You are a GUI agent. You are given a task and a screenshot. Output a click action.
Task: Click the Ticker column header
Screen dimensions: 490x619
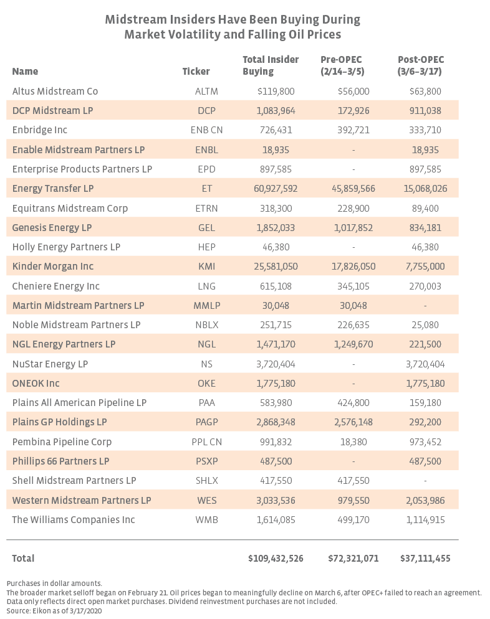tap(196, 72)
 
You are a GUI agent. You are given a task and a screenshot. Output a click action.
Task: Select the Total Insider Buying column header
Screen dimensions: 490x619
tap(271, 65)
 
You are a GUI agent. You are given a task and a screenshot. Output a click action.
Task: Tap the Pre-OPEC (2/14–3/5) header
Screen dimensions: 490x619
tap(342, 65)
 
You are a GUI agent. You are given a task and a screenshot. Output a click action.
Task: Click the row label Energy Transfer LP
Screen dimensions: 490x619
tap(53, 188)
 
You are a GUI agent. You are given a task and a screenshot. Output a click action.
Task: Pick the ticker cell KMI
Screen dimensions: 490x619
tap(207, 267)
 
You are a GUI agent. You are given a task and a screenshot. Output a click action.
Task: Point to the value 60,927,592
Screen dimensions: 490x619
tap(276, 189)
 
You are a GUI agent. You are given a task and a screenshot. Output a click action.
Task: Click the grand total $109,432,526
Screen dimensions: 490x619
tap(276, 558)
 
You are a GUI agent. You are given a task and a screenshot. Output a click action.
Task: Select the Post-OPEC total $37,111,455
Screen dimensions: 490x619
tap(425, 558)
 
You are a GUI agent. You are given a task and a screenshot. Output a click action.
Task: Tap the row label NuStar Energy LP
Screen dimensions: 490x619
tap(50, 364)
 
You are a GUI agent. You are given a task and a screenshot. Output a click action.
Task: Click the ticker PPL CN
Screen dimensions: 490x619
tap(207, 442)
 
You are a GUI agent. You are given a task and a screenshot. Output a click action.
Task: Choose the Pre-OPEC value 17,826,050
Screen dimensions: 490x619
tap(353, 267)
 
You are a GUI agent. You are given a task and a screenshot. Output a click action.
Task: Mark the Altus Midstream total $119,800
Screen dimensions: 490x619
tap(276, 91)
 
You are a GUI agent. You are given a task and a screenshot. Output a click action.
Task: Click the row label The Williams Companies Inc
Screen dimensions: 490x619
tap(74, 519)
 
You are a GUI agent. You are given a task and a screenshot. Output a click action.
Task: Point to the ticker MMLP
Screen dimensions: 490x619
tap(207, 306)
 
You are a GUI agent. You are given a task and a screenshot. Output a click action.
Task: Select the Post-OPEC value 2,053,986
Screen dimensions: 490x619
tap(425, 500)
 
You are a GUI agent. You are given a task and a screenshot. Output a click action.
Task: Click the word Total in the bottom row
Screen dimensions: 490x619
tap(23, 558)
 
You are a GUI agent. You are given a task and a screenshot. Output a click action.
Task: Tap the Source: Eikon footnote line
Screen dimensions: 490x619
tap(54, 611)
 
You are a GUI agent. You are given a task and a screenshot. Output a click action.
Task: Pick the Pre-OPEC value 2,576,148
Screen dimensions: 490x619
tap(353, 422)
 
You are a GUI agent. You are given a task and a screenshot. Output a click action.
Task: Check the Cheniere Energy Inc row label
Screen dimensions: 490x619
tap(55, 286)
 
